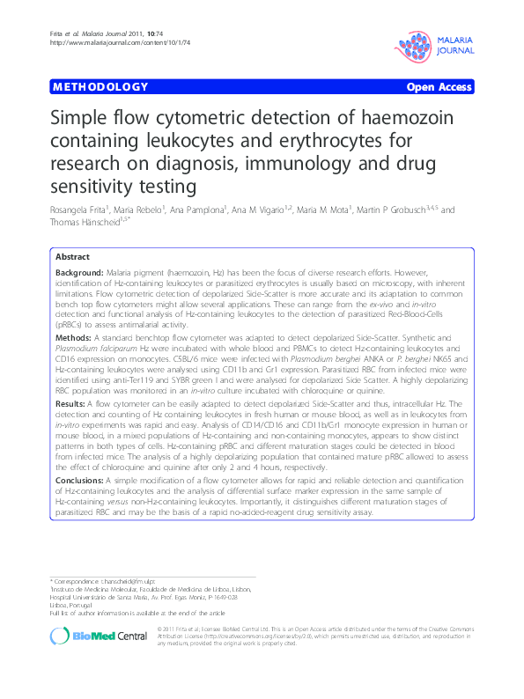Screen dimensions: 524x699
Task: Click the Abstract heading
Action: pos(73,256)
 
